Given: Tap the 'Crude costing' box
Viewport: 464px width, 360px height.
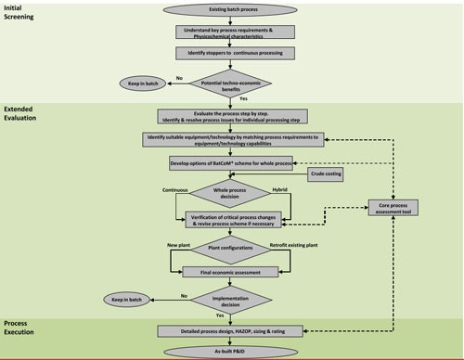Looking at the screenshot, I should click(327, 174).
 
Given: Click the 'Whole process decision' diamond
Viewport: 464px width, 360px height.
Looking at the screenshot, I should click(232, 196).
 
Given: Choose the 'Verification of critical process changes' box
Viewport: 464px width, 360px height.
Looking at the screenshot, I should click(232, 220).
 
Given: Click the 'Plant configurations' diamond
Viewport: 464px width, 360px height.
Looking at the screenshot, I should click(232, 250).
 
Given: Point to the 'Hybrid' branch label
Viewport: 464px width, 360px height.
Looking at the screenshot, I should click(280, 189).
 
